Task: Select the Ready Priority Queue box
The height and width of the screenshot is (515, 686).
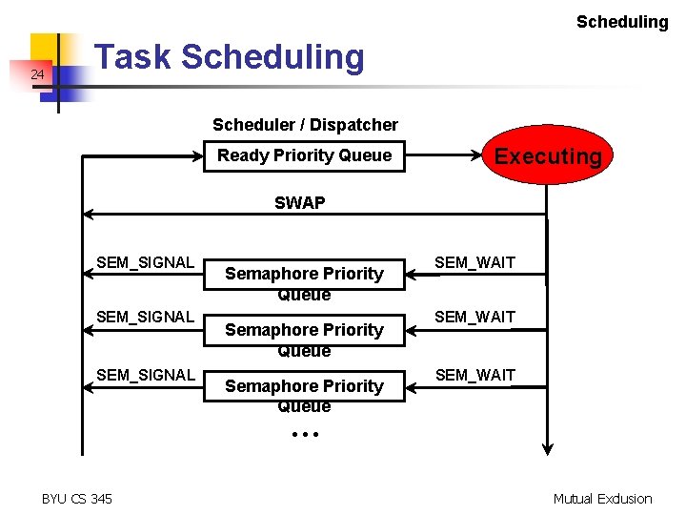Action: [x=304, y=155]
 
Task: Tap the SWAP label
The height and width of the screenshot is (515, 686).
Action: [x=299, y=202]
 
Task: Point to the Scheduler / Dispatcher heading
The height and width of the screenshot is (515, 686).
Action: [x=305, y=125]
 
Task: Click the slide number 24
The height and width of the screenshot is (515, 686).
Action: [x=37, y=74]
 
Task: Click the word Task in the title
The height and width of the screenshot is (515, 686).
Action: [x=134, y=57]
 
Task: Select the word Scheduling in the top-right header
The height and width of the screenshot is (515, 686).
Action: [x=622, y=21]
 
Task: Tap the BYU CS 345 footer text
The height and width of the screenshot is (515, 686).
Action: [x=77, y=498]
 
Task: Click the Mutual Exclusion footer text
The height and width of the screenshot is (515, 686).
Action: [x=603, y=498]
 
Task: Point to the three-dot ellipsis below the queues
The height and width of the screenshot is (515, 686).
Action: [x=304, y=434]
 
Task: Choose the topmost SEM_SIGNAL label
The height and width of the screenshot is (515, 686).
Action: [x=145, y=262]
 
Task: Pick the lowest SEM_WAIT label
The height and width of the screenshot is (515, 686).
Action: [x=474, y=375]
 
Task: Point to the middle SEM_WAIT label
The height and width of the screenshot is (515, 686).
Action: [x=474, y=317]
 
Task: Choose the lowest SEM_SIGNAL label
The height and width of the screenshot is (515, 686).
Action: [x=145, y=375]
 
